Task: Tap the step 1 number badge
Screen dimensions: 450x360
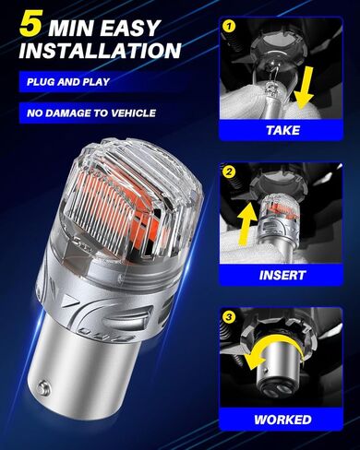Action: (x=227, y=28)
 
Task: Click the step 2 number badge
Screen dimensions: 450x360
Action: (x=227, y=170)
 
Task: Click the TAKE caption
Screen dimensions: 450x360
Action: (x=282, y=130)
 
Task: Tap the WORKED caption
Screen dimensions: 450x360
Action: (x=282, y=420)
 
